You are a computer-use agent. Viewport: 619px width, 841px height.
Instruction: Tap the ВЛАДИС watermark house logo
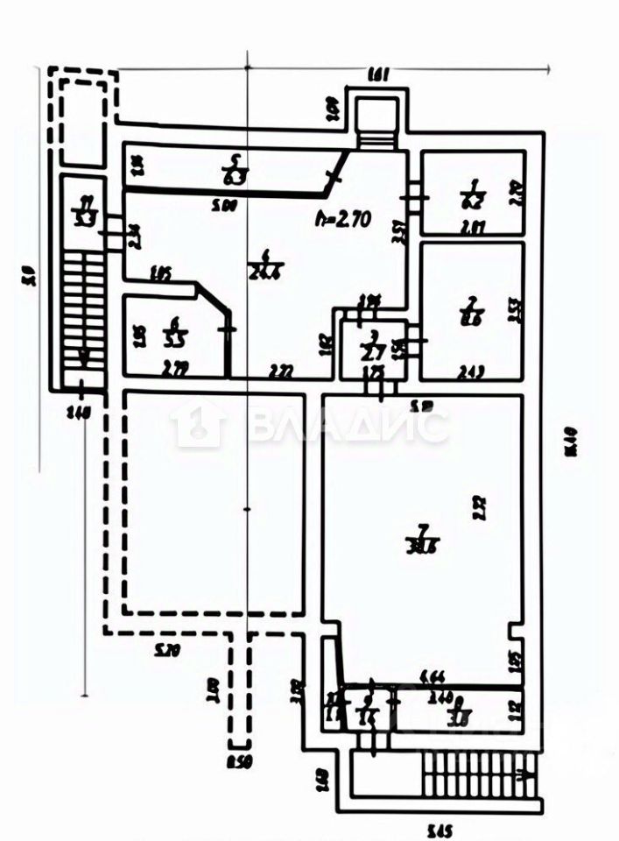198,426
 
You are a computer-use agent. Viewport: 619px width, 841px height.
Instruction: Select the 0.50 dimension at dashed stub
236,760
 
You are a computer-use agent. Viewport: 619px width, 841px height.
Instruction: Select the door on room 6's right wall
229,330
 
